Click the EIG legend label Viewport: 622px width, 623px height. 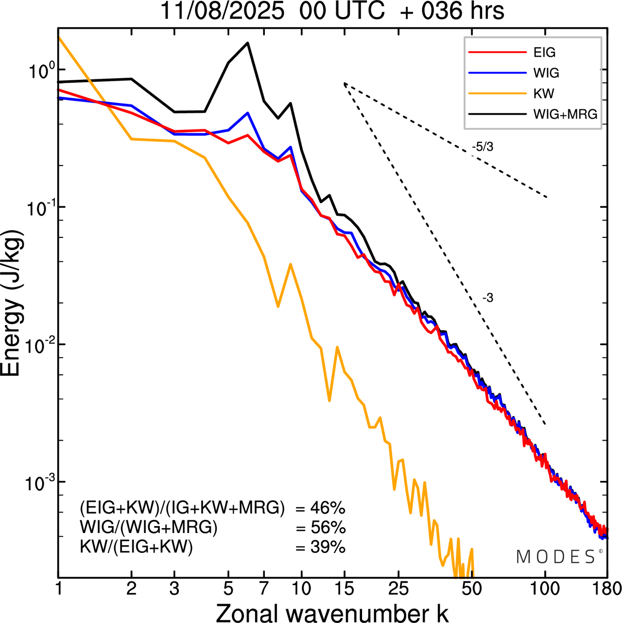[x=544, y=53]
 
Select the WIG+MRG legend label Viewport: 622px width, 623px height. [x=565, y=114]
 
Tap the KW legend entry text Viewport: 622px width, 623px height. [x=544, y=93]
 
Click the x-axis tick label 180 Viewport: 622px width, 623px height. [x=607, y=589]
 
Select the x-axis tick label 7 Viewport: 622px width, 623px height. [x=264, y=589]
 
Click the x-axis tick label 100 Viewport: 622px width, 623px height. [x=545, y=589]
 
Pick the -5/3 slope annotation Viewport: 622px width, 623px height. [x=483, y=147]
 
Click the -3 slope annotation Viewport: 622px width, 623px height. [x=488, y=298]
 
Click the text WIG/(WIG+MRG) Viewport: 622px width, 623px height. [x=149, y=527]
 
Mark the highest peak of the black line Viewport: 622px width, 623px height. [x=248, y=43]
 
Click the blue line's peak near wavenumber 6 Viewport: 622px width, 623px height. [x=248, y=113]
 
